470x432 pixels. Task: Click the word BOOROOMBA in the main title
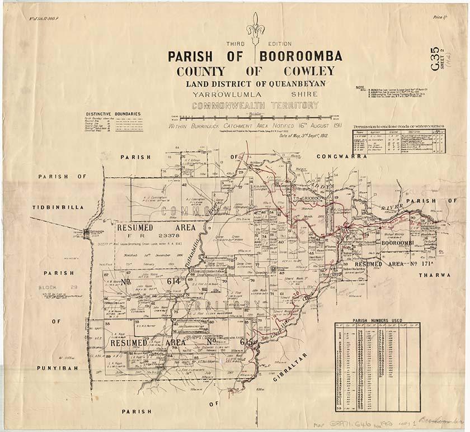coord(299,57)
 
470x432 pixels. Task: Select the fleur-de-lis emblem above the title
coord(256,28)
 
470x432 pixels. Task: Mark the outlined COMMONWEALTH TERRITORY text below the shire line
coord(255,105)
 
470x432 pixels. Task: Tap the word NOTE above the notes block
coord(360,88)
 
